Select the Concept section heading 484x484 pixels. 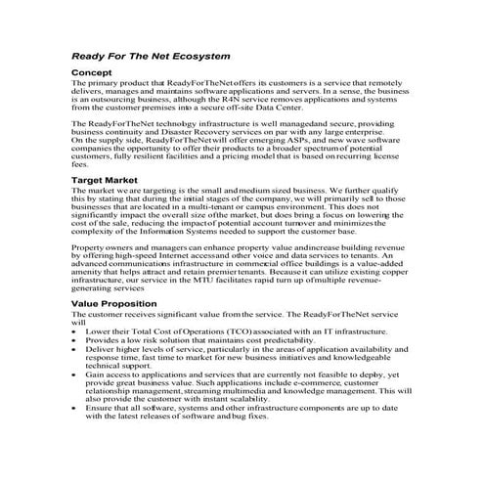pyautogui.click(x=98, y=74)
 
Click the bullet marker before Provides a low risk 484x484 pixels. pyautogui.click(x=75, y=338)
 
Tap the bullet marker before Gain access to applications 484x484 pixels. pyautogui.click(x=75, y=374)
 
